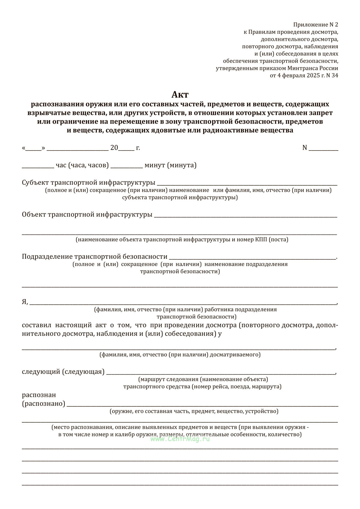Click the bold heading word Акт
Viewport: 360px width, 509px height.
[180, 95]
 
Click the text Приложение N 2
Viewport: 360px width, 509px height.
[316, 25]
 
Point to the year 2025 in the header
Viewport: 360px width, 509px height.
[313, 76]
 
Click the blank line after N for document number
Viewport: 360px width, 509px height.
[323, 148]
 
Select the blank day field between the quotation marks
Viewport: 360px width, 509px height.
[33, 148]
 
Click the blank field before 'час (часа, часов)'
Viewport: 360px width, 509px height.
[38, 166]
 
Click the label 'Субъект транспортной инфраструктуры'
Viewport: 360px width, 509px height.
[88, 183]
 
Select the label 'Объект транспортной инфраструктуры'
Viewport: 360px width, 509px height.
[87, 215]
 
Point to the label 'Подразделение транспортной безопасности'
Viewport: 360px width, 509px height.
[94, 257]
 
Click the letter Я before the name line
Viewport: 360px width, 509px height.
[25, 302]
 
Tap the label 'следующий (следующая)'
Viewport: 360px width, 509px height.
[63, 372]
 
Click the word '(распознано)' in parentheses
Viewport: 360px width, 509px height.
[43, 404]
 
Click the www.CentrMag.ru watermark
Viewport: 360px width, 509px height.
[180, 439]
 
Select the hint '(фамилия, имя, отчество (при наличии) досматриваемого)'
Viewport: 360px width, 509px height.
[180, 355]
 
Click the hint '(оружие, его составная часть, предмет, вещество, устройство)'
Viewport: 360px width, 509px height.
[194, 411]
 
